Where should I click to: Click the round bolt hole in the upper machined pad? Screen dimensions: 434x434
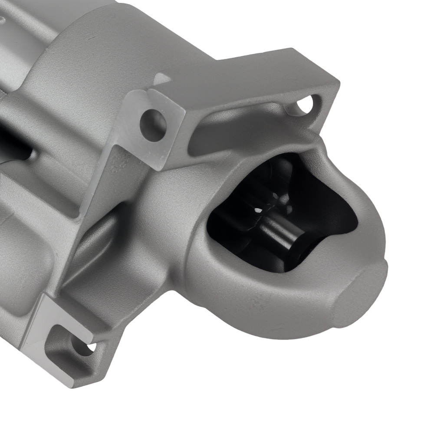153,125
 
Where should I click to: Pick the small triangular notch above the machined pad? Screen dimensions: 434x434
161,79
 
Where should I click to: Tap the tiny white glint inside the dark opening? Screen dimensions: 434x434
258,210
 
